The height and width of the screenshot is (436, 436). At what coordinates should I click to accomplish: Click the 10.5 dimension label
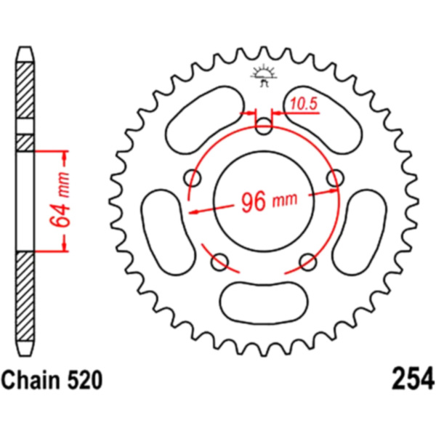[x=304, y=104]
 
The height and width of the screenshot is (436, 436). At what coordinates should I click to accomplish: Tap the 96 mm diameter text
[x=269, y=201]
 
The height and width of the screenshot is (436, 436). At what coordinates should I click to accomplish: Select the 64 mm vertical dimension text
[x=59, y=200]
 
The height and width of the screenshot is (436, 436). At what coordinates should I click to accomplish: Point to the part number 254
[x=413, y=379]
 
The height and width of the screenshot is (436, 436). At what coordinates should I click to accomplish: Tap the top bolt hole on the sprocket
[x=263, y=126]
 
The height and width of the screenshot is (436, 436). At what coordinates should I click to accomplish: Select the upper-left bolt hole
[x=193, y=178]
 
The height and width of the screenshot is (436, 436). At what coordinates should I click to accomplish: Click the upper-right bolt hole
[x=335, y=178]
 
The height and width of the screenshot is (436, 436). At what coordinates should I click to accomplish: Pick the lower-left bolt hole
[x=219, y=262]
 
